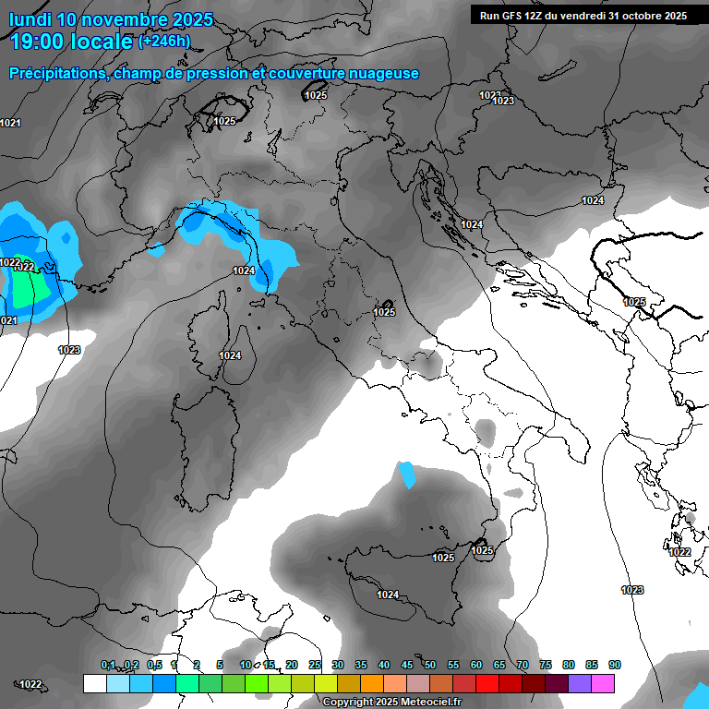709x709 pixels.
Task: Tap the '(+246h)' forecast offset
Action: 164,41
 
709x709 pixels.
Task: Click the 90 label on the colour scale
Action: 614,665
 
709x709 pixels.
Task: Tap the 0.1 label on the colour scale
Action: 108,665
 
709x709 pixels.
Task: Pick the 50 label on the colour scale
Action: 429,665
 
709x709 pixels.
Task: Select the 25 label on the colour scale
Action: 315,665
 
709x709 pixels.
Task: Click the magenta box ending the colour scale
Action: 603,683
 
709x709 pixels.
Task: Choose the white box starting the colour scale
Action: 94,683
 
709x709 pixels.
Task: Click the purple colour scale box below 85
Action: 580,683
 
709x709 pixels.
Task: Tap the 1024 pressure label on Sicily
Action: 388,595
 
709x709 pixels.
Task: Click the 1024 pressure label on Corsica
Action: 230,355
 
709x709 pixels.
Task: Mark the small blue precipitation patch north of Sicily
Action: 406,475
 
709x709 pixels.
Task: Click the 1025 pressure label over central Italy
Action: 384,312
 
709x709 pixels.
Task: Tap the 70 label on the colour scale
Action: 523,665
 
